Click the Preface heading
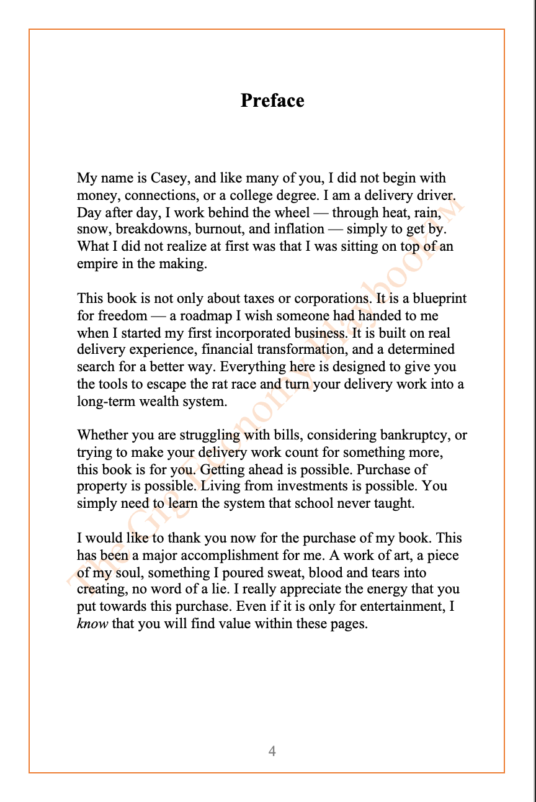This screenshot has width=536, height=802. [272, 101]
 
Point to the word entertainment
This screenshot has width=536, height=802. [405, 606]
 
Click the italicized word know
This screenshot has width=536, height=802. [92, 624]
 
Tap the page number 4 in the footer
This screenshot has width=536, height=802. [272, 751]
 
